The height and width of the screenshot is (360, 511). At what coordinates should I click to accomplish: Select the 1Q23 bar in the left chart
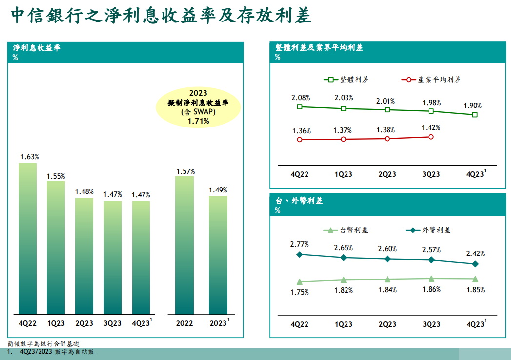56,248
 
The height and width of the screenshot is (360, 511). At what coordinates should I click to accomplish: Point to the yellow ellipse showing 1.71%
198,107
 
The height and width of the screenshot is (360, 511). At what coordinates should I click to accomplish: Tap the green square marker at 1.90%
475,115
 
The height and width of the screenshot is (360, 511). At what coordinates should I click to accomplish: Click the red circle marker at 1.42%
431,137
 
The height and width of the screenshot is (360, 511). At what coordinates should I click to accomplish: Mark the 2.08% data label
301,98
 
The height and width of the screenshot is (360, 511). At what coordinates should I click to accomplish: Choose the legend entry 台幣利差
347,230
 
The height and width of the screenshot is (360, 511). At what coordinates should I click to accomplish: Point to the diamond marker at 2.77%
300,254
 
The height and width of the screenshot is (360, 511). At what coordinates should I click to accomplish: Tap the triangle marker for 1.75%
300,282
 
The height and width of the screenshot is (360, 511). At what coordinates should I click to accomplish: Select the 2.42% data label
475,254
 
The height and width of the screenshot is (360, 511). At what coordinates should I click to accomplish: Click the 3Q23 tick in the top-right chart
431,174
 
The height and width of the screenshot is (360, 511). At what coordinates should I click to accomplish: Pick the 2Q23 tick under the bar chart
84,323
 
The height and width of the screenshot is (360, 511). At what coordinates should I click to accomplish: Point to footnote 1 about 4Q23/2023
51,351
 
